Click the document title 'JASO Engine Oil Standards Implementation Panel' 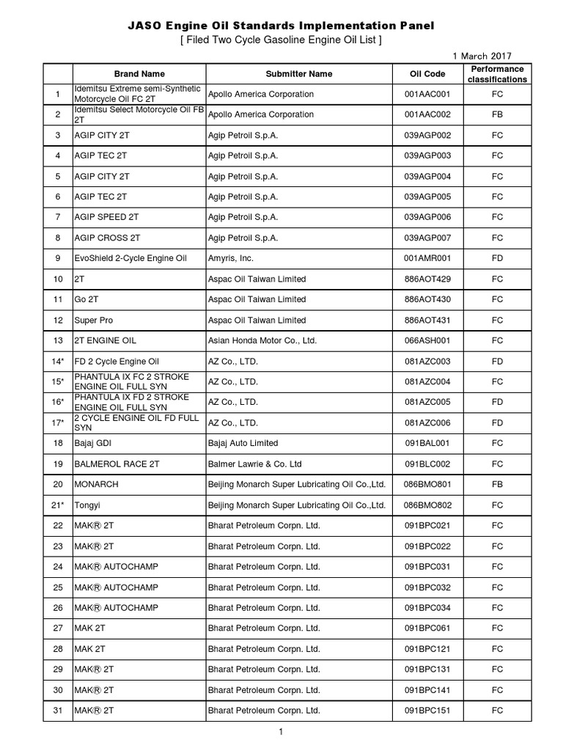tap(281, 26)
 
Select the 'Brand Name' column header tap(139, 74)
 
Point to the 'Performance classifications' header tap(497, 74)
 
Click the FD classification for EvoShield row tap(497, 259)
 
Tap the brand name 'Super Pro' tap(93, 320)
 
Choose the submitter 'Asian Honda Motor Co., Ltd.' tap(262, 341)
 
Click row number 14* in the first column tap(57, 362)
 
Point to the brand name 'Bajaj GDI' tap(93, 444)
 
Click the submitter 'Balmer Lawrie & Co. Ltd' tap(253, 464)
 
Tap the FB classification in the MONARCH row tap(497, 485)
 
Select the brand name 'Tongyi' tap(87, 505)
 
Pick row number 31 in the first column tap(57, 711)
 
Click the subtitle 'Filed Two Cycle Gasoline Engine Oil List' tap(281, 40)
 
